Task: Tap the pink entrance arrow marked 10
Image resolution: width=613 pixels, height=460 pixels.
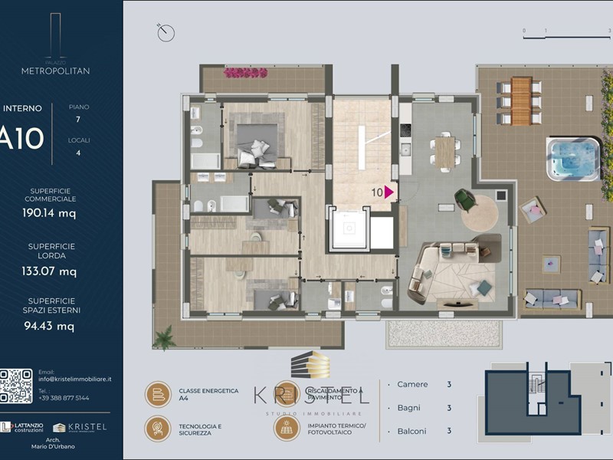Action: coord(389,192)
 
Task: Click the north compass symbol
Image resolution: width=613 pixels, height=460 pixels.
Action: coord(166,32)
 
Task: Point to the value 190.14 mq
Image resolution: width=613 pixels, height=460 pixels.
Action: coord(49,214)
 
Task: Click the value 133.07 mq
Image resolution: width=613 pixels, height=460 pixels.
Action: coord(49,271)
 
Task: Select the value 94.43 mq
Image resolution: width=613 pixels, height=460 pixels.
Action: coord(49,326)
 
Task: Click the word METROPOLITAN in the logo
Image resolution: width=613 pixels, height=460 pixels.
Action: coord(55,71)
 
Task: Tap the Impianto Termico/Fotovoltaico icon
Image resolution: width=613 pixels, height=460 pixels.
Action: coord(287,428)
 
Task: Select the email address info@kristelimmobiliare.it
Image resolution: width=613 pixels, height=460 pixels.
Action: coord(75,379)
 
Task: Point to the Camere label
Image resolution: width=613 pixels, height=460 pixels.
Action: coord(412,385)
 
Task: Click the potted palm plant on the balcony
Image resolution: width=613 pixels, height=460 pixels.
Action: coord(164,337)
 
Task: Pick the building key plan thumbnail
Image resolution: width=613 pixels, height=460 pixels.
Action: coord(528,393)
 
